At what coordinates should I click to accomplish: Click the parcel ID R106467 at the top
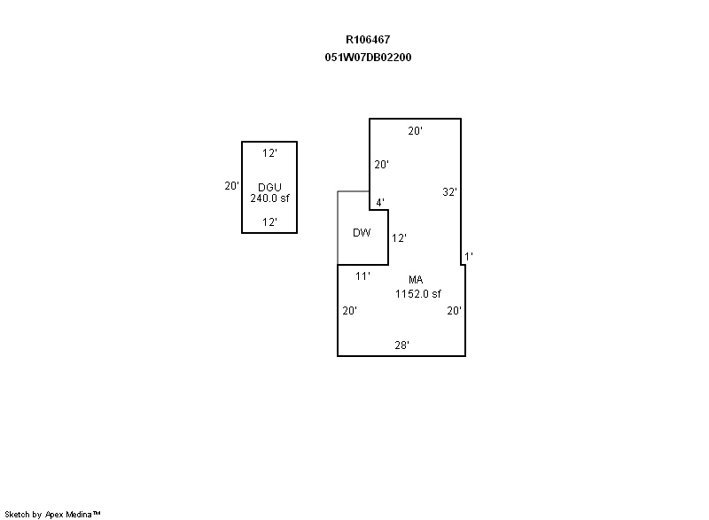point(368,40)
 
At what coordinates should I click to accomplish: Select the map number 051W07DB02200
point(368,58)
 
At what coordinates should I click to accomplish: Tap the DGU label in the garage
point(269,187)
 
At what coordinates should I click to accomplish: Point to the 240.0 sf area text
point(269,198)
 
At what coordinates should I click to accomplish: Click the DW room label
point(362,233)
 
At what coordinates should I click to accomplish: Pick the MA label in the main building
point(416,280)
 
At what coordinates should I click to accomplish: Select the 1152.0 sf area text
point(417,294)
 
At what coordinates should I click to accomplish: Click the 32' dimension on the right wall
point(449,192)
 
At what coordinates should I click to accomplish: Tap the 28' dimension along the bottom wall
point(401,345)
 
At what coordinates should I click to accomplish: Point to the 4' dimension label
point(380,202)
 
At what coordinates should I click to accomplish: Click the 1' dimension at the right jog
point(469,257)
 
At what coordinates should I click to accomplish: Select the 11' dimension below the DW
point(362,276)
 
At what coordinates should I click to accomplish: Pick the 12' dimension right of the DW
point(399,238)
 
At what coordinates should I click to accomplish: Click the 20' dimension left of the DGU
point(231,186)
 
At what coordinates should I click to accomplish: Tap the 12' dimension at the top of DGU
point(269,153)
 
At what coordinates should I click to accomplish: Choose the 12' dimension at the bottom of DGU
point(269,222)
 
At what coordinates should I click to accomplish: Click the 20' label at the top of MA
point(415,131)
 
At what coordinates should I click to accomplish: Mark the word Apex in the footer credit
point(54,515)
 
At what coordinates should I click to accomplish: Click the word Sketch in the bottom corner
point(17,514)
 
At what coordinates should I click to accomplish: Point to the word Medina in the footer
point(79,514)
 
